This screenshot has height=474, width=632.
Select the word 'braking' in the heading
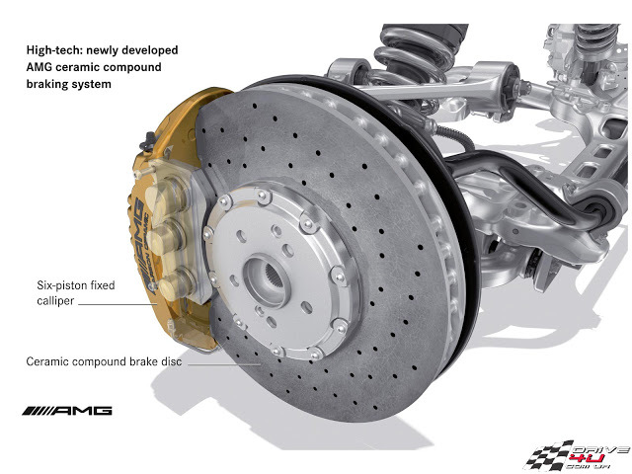[x=45, y=84]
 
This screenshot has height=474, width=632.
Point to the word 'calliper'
[x=55, y=301]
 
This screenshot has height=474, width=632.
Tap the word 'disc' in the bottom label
[x=171, y=361]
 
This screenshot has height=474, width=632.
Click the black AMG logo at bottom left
[x=67, y=411]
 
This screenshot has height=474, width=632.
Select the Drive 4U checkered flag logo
[x=577, y=455]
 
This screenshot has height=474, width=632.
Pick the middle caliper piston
[x=165, y=239]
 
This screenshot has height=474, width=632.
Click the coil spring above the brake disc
[x=415, y=52]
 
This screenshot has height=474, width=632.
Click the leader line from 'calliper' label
[x=118, y=304]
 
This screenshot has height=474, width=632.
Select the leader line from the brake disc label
[x=224, y=364]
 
